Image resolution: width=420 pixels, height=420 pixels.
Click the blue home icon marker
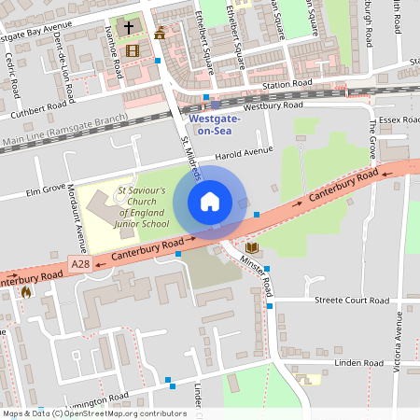(x=210, y=202)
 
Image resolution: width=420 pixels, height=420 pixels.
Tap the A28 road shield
(x=81, y=266)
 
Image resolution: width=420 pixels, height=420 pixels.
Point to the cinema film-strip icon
(x=132, y=50)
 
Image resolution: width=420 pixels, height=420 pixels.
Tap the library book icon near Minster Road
(x=251, y=248)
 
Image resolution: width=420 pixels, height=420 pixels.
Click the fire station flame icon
(x=26, y=291)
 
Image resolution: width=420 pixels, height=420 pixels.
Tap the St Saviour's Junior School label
(x=142, y=206)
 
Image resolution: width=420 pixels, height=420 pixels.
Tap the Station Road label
(x=287, y=84)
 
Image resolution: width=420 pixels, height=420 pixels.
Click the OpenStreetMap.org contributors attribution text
(x=121, y=413)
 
